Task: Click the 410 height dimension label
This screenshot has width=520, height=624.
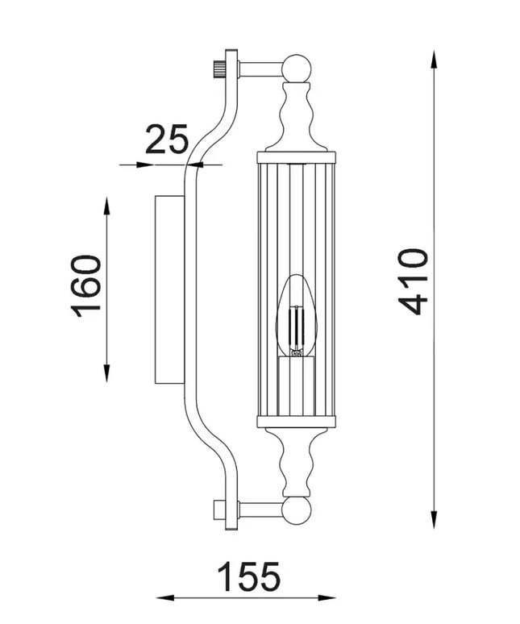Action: tap(414, 281)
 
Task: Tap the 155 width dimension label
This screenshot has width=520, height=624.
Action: tap(249, 576)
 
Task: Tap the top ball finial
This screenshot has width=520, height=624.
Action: tap(296, 68)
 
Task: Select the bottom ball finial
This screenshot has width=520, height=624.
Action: tap(296, 511)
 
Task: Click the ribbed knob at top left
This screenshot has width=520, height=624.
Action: tap(219, 69)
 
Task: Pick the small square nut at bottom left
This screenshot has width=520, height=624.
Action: tap(219, 510)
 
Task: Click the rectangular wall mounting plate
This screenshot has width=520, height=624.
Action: tap(170, 289)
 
